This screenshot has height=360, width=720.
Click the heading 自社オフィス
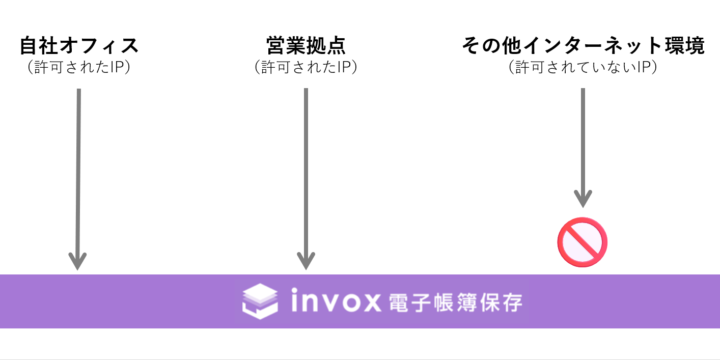(x=78, y=46)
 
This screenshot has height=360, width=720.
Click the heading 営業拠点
(x=306, y=46)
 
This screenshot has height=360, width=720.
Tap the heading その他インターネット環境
(x=583, y=46)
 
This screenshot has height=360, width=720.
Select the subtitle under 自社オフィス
(x=78, y=68)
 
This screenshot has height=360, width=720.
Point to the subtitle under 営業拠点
(x=306, y=68)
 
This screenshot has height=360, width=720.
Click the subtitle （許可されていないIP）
(x=583, y=68)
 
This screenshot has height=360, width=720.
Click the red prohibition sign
(x=583, y=240)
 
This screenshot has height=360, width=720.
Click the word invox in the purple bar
(x=334, y=299)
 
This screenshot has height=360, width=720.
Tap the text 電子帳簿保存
(x=456, y=300)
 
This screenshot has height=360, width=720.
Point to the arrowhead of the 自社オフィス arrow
(x=78, y=259)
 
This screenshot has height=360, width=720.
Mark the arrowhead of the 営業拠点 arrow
(x=306, y=259)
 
